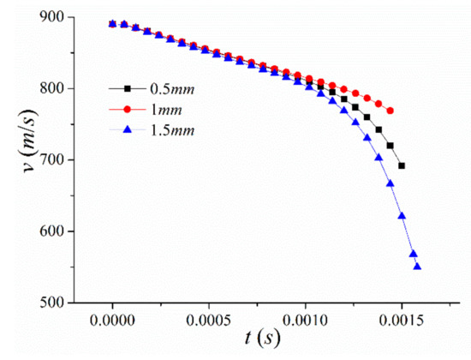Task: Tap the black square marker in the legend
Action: pyautogui.click(x=126, y=87)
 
